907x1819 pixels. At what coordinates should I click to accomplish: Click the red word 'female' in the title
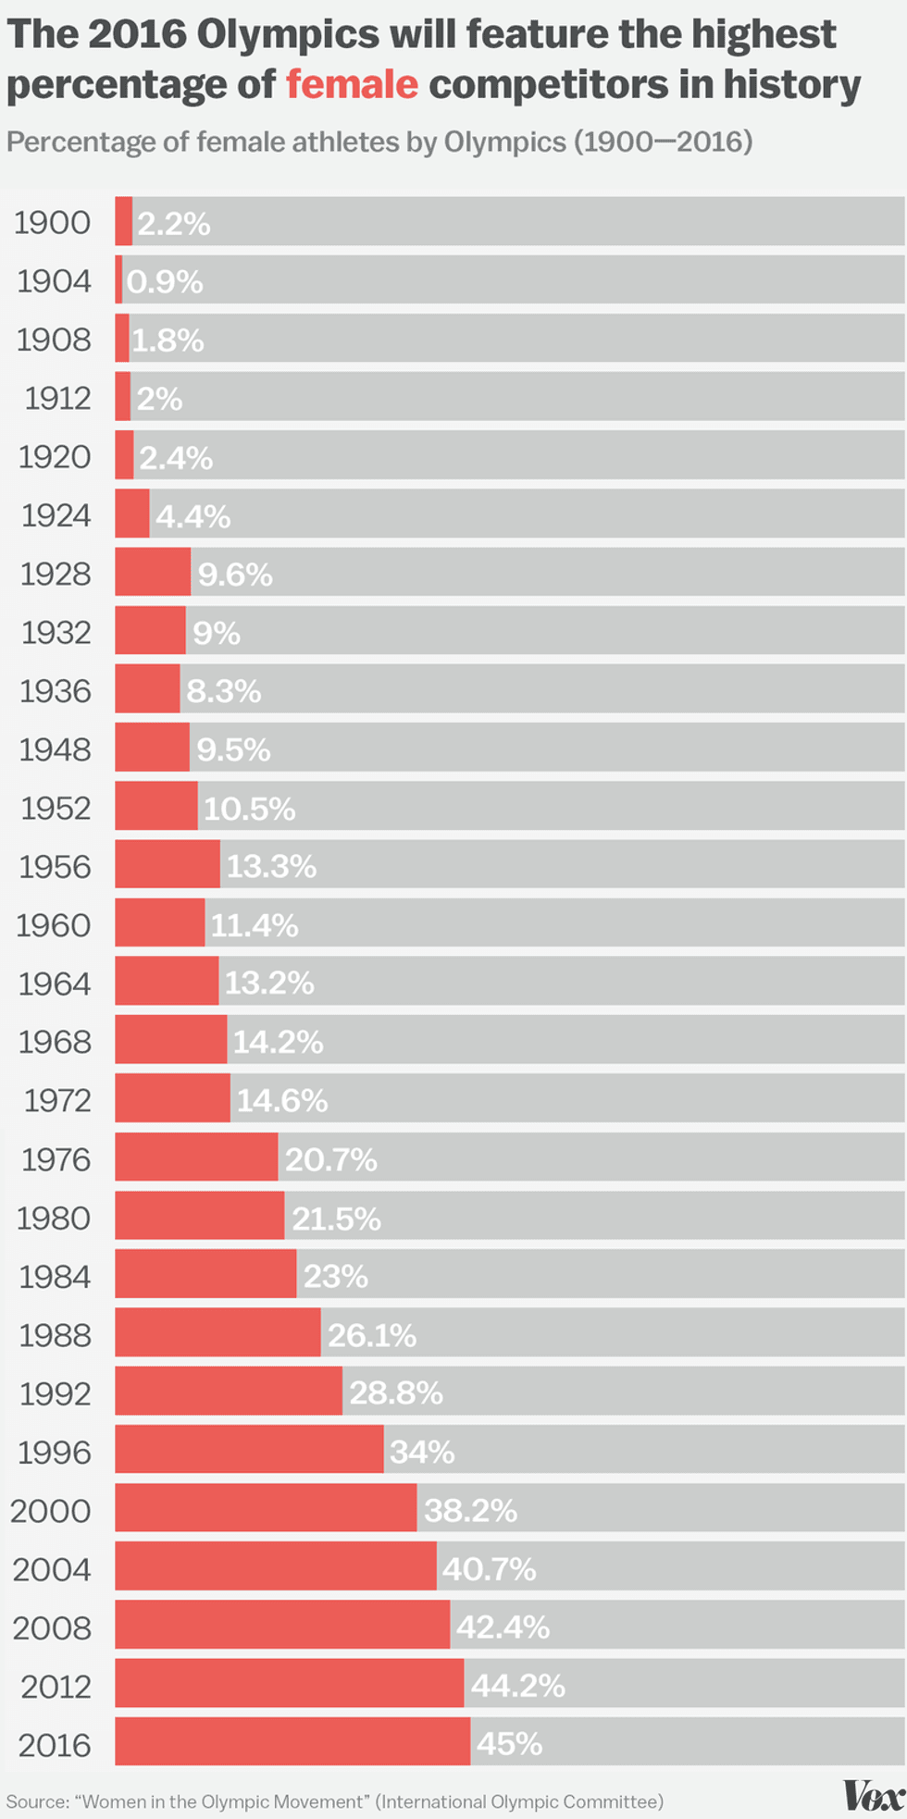point(352,85)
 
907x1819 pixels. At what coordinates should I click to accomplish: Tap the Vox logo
point(873,1796)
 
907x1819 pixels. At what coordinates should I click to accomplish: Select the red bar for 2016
point(292,1742)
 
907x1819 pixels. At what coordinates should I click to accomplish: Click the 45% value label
point(510,1743)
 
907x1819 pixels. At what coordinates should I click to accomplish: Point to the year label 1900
point(53,223)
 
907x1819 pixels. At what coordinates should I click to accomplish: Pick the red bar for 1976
point(196,1157)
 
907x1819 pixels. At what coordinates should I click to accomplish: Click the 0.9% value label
point(165,281)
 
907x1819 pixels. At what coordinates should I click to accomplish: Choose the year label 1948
point(56,749)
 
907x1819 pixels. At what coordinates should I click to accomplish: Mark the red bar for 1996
point(249,1450)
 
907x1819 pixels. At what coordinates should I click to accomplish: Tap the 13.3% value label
point(271,866)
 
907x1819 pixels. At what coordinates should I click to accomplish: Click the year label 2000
point(52,1511)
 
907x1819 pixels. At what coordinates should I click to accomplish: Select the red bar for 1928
point(153,573)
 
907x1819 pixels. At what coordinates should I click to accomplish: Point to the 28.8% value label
point(396,1392)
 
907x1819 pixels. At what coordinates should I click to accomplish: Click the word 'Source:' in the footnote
point(38,1801)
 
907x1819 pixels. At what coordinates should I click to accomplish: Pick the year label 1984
point(55,1277)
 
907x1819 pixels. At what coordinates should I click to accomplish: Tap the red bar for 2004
point(276,1566)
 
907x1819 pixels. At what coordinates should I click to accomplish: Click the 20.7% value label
point(331,1159)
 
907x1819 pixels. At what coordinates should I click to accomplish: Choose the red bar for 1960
point(160,923)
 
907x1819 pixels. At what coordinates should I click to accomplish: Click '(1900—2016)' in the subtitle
point(663,142)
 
